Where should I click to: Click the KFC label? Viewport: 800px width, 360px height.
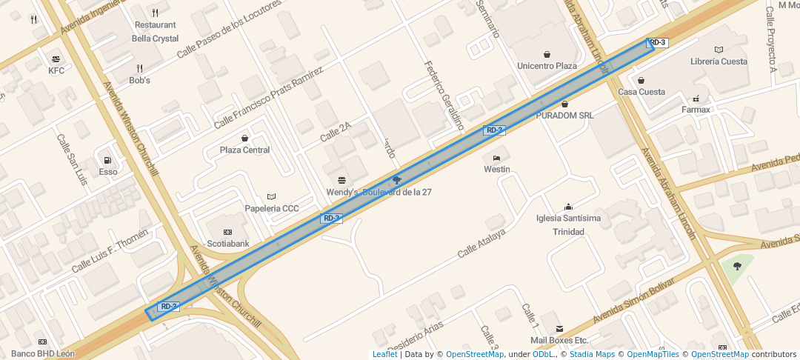[56, 71]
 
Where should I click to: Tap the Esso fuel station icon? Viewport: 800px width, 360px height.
[108, 161]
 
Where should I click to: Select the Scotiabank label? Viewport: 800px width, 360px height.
[227, 243]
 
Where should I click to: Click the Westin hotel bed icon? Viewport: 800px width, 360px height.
[496, 158]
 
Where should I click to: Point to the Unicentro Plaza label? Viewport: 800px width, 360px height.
[547, 66]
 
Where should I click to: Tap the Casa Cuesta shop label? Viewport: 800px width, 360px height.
[641, 92]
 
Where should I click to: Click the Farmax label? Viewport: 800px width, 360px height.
[696, 110]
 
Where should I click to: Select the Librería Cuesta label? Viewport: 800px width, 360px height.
[719, 61]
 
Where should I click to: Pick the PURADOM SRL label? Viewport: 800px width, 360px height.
[565, 116]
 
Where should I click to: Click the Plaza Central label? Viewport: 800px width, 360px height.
[244, 150]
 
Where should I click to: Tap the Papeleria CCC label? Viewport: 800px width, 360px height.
[272, 208]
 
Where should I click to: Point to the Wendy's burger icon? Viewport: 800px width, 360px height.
[341, 181]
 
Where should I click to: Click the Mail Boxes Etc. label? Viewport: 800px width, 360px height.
[559, 340]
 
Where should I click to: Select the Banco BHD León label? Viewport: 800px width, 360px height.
[43, 353]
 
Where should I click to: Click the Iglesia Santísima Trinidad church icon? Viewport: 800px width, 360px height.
[568, 207]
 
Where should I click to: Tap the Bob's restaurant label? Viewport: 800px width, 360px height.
[139, 80]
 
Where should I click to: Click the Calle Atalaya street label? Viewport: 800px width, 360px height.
[481, 243]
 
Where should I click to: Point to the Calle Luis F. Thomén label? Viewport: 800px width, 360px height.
[110, 250]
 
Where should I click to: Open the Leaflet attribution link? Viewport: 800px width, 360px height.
[384, 354]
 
